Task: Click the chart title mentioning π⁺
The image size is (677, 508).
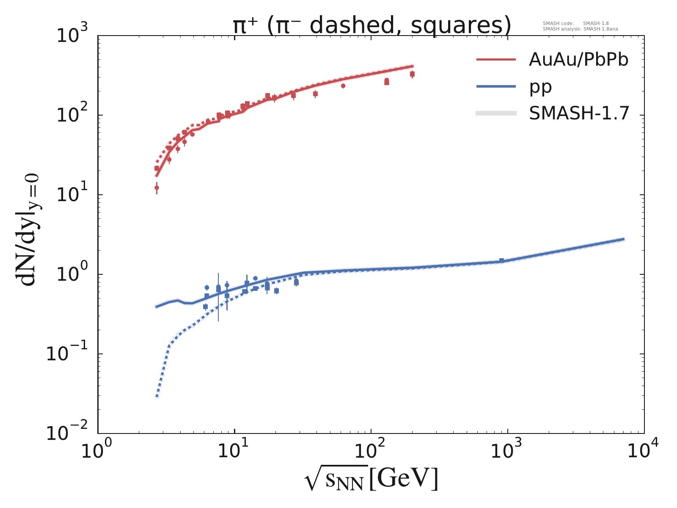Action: [372, 26]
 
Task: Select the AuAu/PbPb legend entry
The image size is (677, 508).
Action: [578, 60]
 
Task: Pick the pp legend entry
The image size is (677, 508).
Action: [540, 87]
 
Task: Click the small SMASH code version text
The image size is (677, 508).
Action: [575, 24]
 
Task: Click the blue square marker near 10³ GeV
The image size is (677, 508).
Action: [501, 261]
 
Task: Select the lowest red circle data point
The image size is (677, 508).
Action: [157, 188]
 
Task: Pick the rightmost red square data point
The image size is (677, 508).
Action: [412, 74]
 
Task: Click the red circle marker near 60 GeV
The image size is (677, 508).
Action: [343, 86]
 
